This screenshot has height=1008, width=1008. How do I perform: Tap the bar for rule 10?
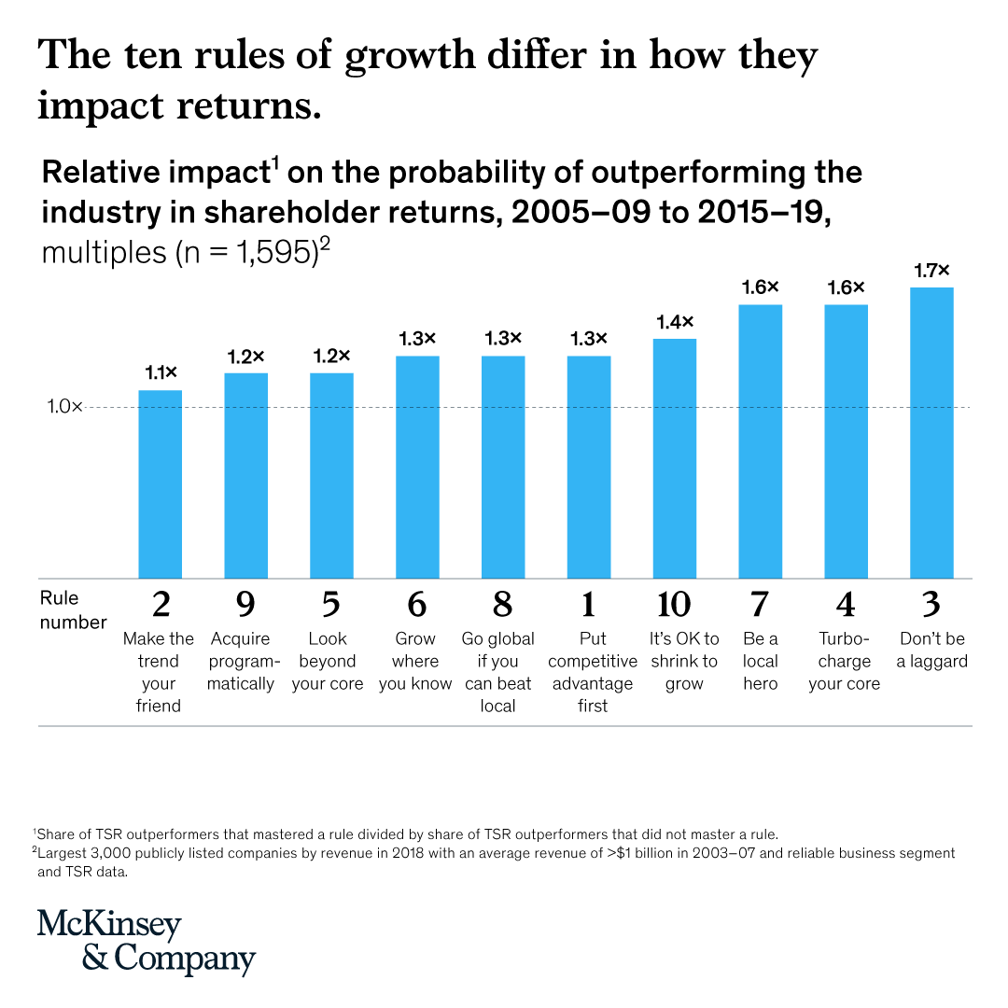click(674, 458)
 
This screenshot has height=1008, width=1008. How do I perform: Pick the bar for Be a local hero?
click(760, 441)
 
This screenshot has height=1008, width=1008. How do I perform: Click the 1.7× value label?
click(931, 271)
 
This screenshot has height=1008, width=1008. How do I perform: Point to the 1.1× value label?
click(161, 373)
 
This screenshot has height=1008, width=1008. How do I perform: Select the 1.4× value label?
click(674, 322)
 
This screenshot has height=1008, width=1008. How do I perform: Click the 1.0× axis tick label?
click(64, 407)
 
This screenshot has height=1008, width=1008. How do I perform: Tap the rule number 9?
click(245, 605)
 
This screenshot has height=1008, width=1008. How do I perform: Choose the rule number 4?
click(845, 605)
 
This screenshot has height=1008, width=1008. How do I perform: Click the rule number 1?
click(588, 605)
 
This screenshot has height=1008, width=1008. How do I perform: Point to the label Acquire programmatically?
click(245, 662)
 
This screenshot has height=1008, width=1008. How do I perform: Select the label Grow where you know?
click(416, 662)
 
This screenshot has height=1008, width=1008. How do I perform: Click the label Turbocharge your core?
click(845, 662)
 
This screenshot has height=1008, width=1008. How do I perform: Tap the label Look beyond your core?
click(331, 662)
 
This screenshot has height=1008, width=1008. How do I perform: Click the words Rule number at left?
click(73, 609)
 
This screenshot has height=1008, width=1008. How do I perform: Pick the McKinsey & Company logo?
click(146, 942)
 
